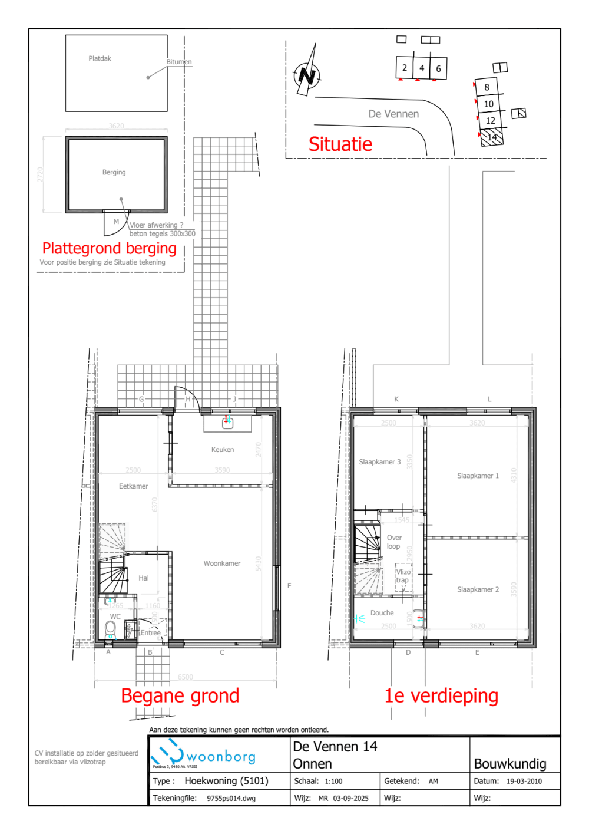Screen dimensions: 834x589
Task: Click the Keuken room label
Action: (x=223, y=450)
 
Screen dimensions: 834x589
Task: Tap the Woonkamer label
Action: (x=222, y=563)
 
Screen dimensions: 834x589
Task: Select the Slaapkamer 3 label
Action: (x=379, y=462)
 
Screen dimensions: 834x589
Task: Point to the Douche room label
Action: (x=382, y=613)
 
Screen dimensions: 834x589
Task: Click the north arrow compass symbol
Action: (x=307, y=73)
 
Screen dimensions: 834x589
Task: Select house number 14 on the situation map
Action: (x=492, y=137)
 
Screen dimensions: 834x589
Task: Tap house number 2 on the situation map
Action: (x=404, y=68)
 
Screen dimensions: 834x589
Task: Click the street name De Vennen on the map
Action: (x=393, y=114)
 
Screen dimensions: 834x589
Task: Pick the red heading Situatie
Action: (x=340, y=144)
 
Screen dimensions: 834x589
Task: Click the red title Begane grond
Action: (x=180, y=695)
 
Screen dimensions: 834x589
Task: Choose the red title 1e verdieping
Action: (x=441, y=695)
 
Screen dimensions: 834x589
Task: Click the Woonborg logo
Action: (x=203, y=754)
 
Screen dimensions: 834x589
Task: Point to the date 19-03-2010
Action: (x=524, y=782)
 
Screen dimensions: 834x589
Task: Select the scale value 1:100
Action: (x=333, y=782)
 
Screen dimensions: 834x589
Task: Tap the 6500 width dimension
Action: (x=185, y=677)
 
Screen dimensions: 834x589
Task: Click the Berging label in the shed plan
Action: (x=114, y=172)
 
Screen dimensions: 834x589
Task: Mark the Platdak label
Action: (x=100, y=58)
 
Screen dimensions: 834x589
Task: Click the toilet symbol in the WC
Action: (x=110, y=629)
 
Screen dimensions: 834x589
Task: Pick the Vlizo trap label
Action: (x=403, y=576)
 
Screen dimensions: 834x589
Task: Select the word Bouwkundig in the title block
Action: (x=510, y=764)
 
